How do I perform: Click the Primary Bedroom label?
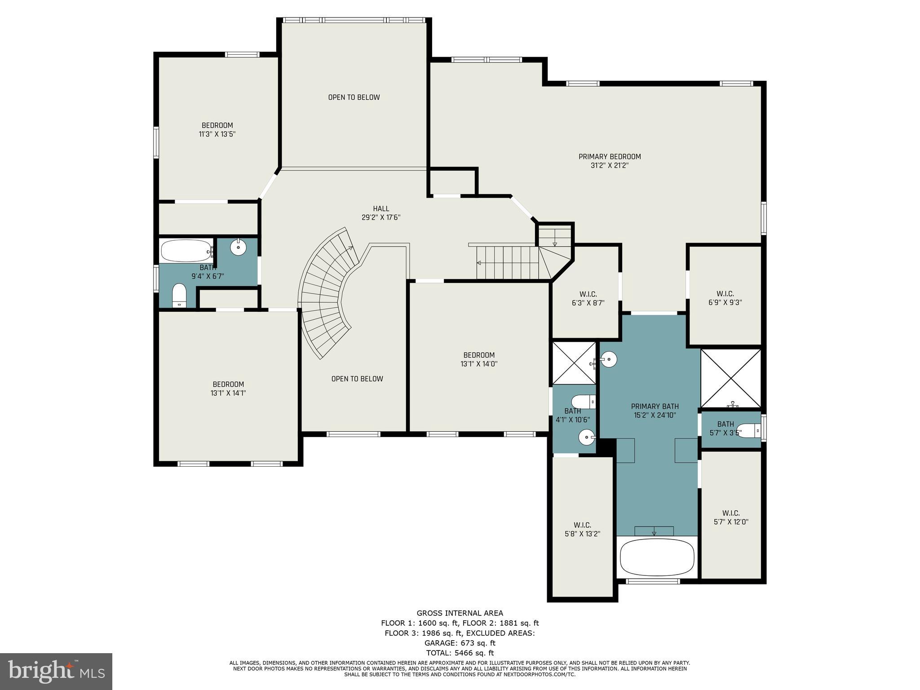(609, 157)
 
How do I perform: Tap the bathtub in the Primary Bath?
(657, 557)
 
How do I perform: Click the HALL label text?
(381, 208)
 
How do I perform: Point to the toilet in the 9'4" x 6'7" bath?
(179, 295)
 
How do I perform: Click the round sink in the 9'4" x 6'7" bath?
(238, 247)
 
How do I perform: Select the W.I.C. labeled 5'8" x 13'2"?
(582, 529)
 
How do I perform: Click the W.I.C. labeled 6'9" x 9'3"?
(725, 298)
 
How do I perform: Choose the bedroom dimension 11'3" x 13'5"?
(217, 134)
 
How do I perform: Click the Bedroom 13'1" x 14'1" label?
(228, 389)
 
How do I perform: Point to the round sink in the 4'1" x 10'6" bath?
(586, 436)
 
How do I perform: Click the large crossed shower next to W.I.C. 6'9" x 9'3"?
(731, 378)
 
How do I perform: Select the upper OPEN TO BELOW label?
(354, 97)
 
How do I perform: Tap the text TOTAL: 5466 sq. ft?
(460, 653)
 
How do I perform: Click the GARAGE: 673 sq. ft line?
(460, 643)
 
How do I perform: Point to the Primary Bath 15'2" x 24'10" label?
(655, 411)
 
